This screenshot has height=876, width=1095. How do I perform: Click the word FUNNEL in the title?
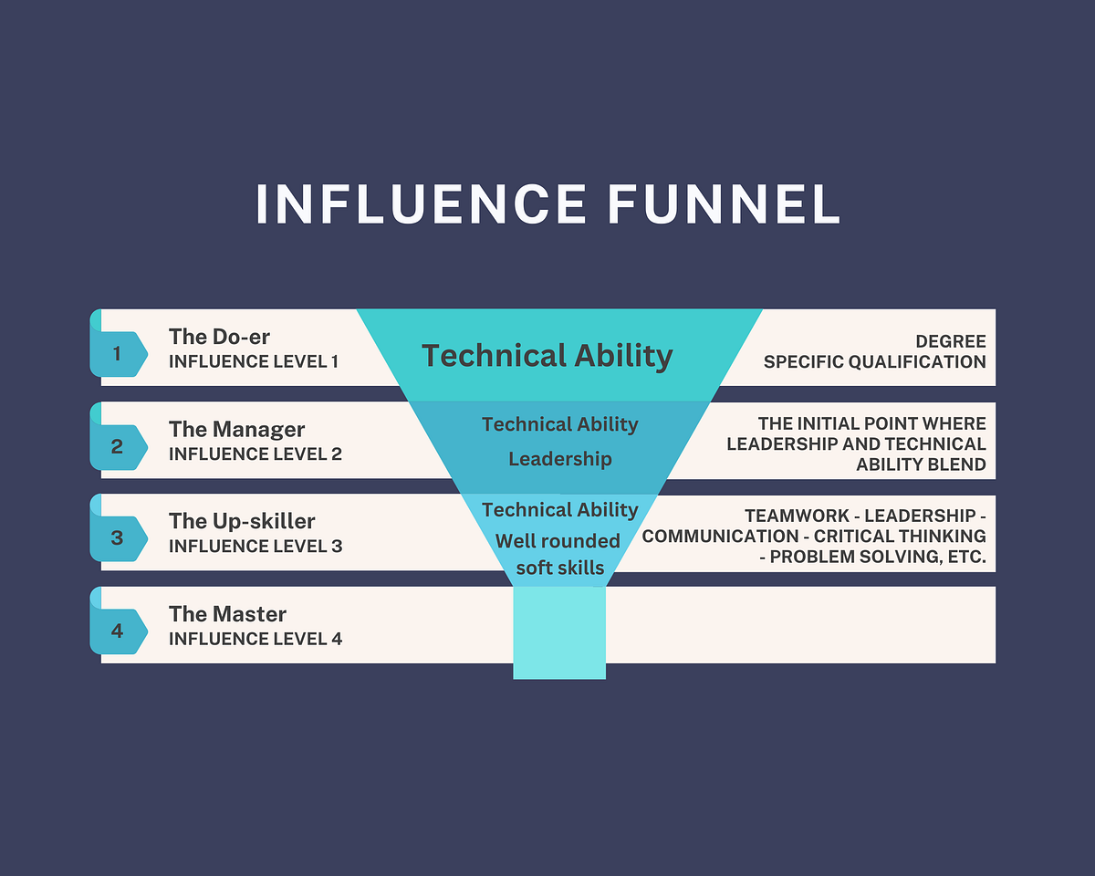723,203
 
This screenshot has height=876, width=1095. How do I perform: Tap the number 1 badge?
119,354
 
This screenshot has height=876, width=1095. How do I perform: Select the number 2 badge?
119,447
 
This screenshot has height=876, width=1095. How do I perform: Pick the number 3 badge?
119,538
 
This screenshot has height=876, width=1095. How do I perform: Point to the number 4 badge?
119,631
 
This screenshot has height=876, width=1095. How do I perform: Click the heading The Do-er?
219,337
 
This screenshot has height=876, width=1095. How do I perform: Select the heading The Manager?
236,430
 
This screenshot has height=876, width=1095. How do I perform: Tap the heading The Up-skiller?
242,522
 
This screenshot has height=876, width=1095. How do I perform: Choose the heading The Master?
227,614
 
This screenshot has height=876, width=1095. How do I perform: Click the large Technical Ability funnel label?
547,356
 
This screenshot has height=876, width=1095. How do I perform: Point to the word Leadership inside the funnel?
560,459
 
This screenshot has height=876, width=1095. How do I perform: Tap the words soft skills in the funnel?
560,568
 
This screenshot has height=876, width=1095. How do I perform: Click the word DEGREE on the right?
951,341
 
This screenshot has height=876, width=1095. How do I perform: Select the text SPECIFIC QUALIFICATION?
875,362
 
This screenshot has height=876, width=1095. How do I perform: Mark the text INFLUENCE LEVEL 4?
255,639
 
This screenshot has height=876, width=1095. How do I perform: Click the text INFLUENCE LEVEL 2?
255,454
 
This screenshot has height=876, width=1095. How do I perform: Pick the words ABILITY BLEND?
921,464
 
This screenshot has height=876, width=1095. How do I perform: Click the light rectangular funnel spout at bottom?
559,632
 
